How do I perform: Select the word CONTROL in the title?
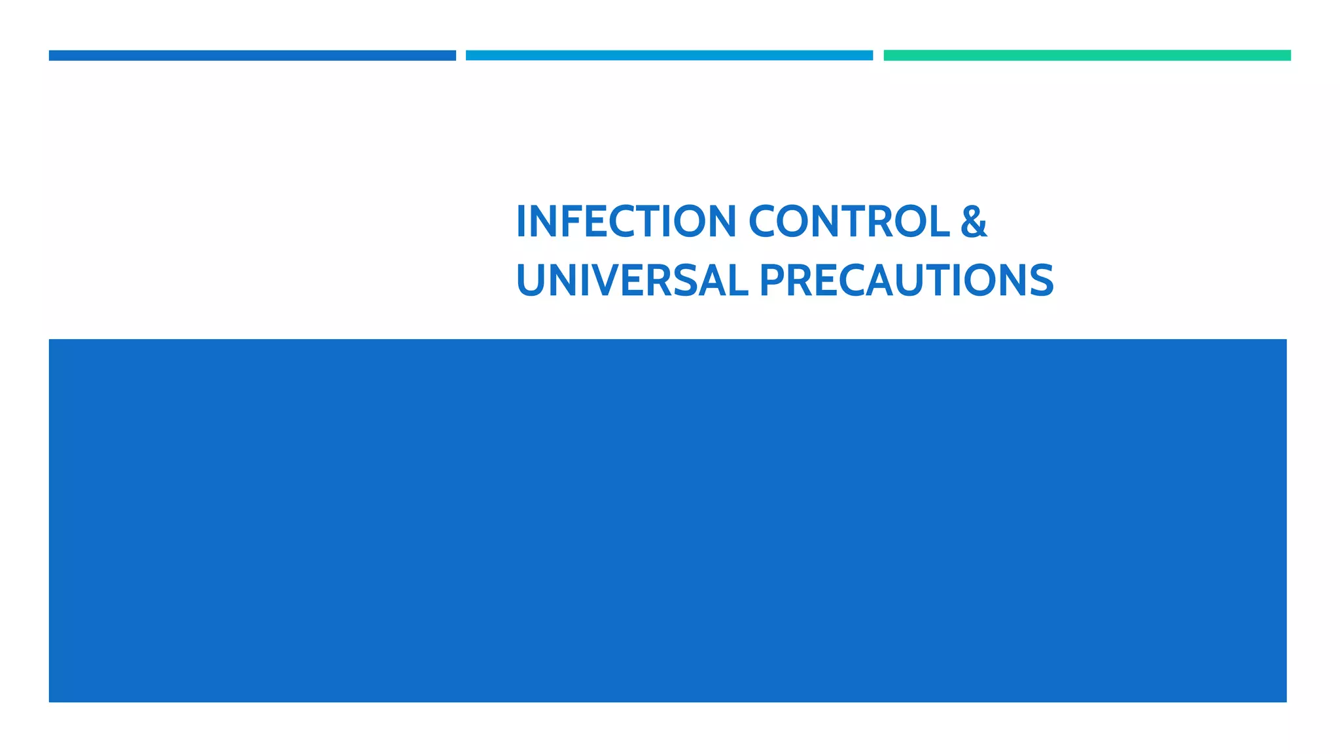[x=849, y=221]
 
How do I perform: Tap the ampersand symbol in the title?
[x=974, y=221]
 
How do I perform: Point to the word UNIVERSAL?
[x=631, y=280]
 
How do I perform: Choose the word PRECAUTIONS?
[x=906, y=280]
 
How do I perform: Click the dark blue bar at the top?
[x=252, y=56]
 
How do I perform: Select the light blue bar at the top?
[x=669, y=56]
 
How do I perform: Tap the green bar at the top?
[x=1087, y=56]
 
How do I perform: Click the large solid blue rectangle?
[x=667, y=520]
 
